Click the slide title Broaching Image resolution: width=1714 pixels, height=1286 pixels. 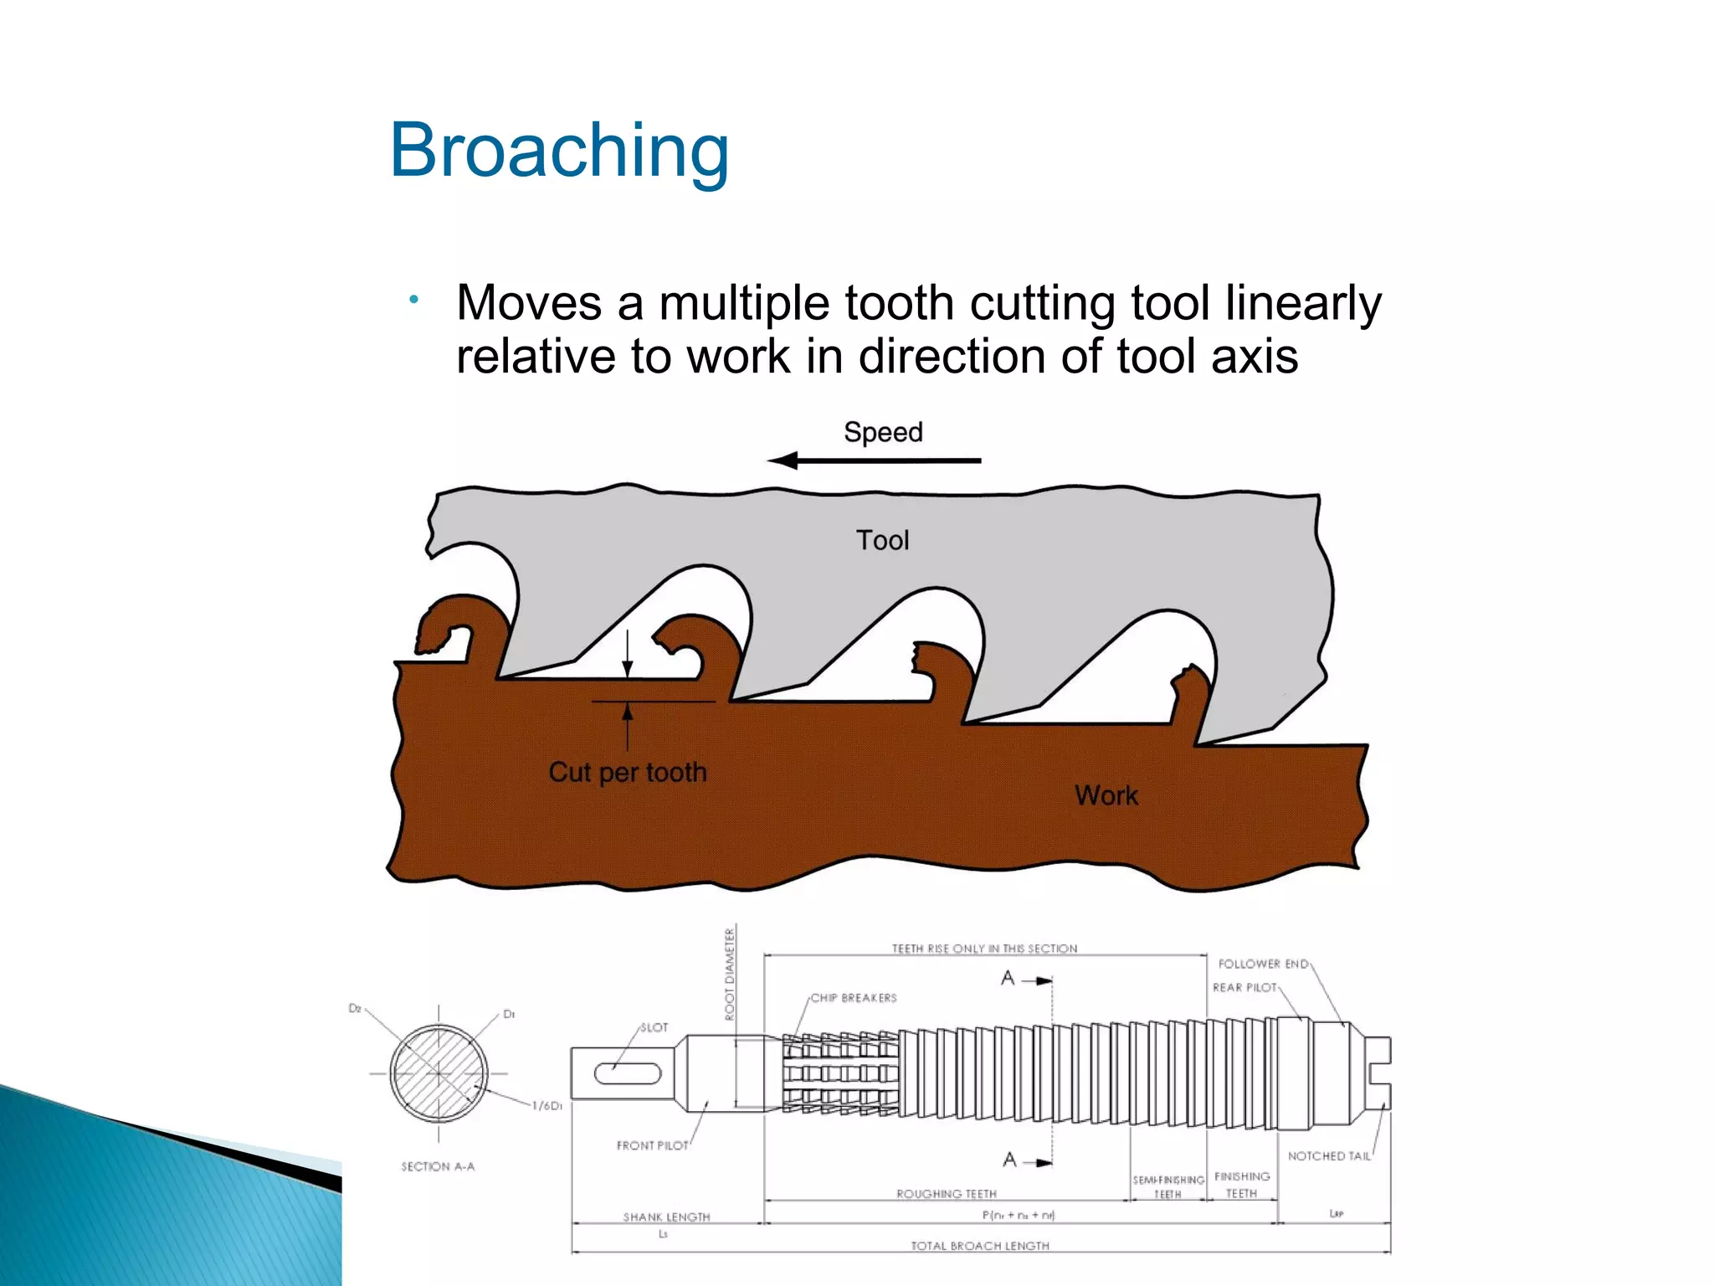pos(559,151)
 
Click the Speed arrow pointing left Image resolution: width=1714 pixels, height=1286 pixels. pos(874,460)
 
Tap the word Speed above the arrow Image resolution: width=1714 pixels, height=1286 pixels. pos(883,432)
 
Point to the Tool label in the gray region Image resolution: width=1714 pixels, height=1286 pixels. pos(882,540)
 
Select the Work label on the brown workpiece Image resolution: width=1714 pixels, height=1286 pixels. pos(1106,795)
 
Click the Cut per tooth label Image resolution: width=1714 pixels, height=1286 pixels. pos(628,772)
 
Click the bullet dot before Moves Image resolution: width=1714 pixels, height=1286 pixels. pos(413,300)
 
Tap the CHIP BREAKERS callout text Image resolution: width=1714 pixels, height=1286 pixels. pos(853,998)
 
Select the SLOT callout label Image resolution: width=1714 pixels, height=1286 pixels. pos(654,1027)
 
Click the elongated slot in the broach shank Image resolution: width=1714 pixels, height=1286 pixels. pos(628,1073)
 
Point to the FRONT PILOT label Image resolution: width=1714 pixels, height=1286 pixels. pos(652,1145)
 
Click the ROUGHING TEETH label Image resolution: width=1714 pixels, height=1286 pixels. pos(946,1194)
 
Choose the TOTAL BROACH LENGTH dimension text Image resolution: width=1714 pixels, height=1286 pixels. pos(979,1246)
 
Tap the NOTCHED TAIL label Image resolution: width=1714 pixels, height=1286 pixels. pos(1329,1156)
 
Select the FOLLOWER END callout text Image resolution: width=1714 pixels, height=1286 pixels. pos(1263,964)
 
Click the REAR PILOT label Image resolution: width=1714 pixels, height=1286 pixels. pos(1244,988)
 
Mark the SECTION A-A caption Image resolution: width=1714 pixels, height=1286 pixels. pos(438,1166)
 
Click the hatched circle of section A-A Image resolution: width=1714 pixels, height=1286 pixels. pos(439,1073)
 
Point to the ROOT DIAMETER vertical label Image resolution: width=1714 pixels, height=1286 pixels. pos(729,974)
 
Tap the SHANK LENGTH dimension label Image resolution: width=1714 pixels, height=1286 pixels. pos(666,1217)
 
